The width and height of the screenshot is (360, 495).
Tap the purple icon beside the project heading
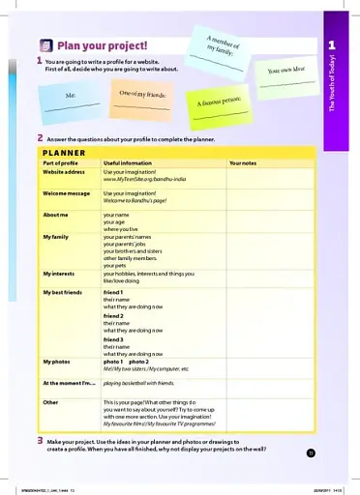(45, 44)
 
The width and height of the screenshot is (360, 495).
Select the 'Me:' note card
(70, 99)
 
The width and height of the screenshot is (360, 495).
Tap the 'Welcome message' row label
(66, 193)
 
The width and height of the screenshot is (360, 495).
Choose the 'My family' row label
(55, 235)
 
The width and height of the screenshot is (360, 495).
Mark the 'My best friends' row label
(62, 291)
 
